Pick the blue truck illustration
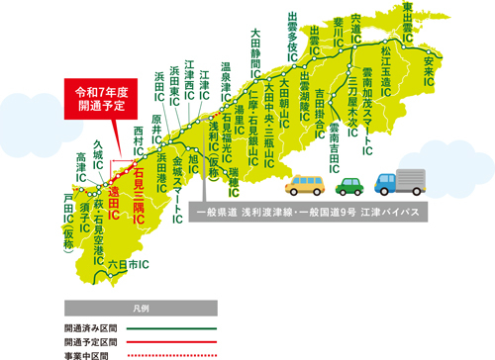point(401,181)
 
